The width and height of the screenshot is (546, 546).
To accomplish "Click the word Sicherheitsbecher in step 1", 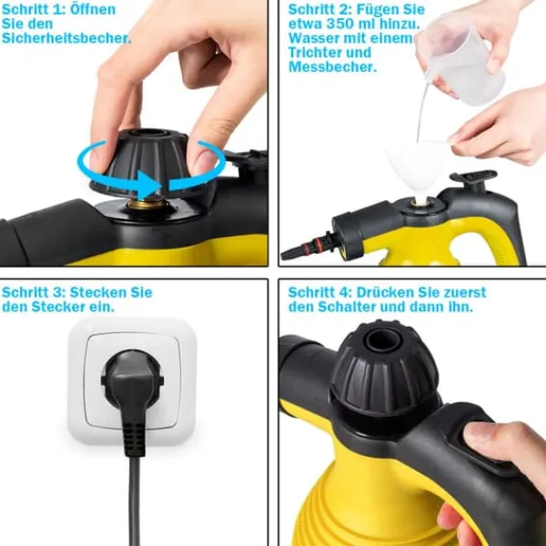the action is click(x=66, y=38).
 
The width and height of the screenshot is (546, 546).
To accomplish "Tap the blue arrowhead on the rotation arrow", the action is click(x=149, y=185).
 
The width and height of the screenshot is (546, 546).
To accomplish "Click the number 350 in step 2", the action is click(x=339, y=24).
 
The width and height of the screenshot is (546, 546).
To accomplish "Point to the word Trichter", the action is click(x=329, y=53).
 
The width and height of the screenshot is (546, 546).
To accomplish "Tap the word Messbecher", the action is click(x=332, y=66).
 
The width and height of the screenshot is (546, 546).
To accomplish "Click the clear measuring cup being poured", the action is click(x=461, y=63).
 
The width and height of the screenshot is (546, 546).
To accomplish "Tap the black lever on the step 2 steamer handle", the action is click(x=473, y=177).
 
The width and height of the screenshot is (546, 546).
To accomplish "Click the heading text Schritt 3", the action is click(x=34, y=292).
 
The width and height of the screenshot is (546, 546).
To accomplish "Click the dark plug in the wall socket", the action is click(x=132, y=383).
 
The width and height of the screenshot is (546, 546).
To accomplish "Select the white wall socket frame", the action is click(x=132, y=381).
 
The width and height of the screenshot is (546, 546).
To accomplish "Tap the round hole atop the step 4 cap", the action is click(x=383, y=339).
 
